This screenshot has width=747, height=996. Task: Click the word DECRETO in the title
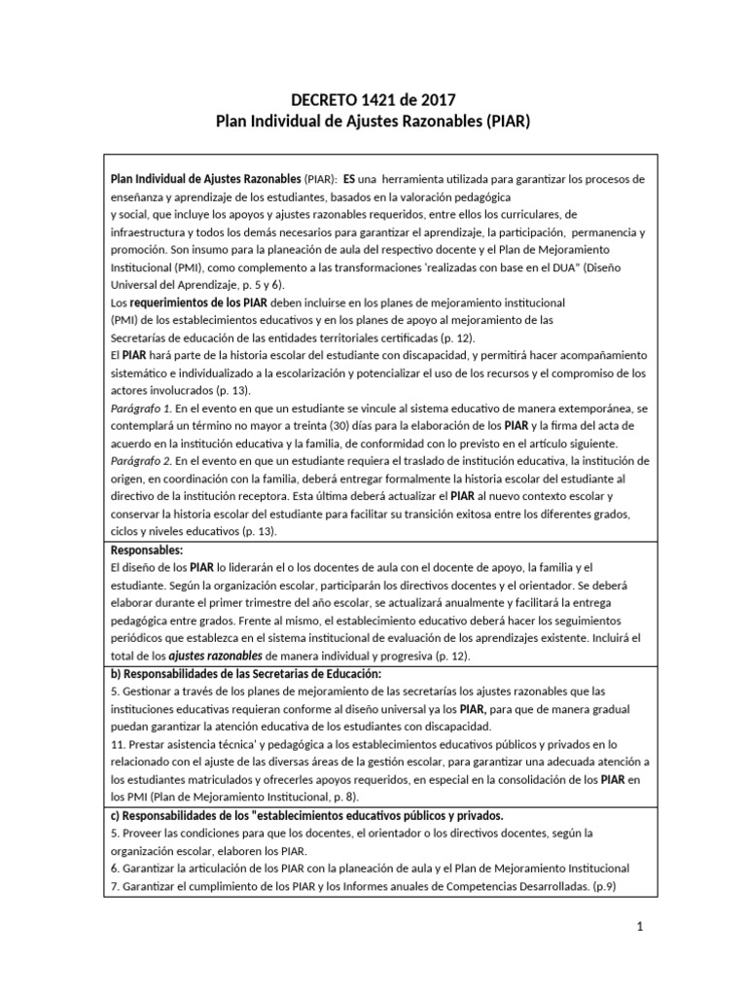tap(325, 99)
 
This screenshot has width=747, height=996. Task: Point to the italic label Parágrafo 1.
tap(141, 409)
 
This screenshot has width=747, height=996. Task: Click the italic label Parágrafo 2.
tap(141, 460)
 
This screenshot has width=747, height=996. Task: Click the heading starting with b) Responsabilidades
tap(246, 674)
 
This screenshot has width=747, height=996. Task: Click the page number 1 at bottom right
tap(640, 927)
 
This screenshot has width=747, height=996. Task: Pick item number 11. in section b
tap(119, 745)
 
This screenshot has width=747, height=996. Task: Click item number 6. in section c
tap(115, 868)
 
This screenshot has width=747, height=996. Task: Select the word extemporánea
tap(588, 409)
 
